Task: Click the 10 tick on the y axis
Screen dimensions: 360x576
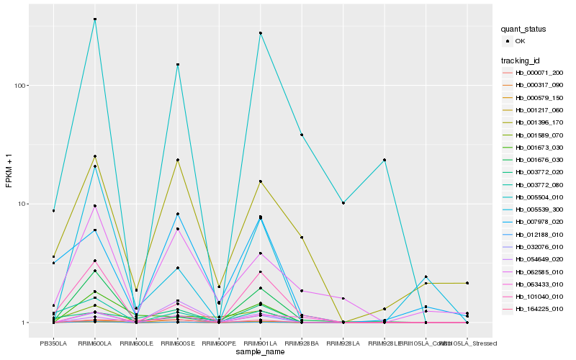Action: tap(21, 204)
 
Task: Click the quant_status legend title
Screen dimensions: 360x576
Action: tap(523, 30)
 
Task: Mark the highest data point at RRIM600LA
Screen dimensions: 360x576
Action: tap(94, 19)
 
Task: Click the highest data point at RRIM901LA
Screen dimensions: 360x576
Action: tap(260, 33)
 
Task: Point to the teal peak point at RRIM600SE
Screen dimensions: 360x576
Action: tap(177, 65)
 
